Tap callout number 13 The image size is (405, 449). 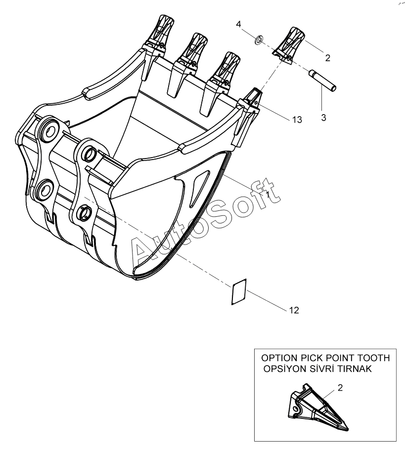pos(297,120)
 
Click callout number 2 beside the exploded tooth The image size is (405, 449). pos(327,58)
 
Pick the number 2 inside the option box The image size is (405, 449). pos(340,388)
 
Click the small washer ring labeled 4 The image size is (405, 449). pos(258,39)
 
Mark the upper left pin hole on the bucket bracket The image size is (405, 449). pos(48,131)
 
